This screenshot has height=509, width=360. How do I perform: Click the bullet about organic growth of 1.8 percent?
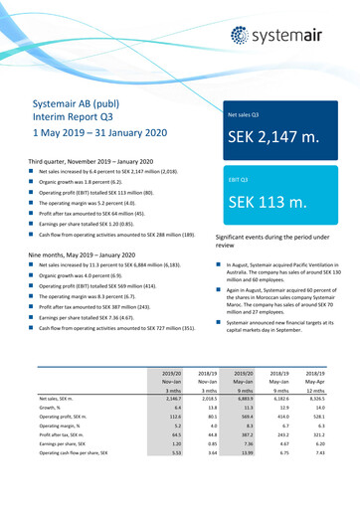pos(90,183)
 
